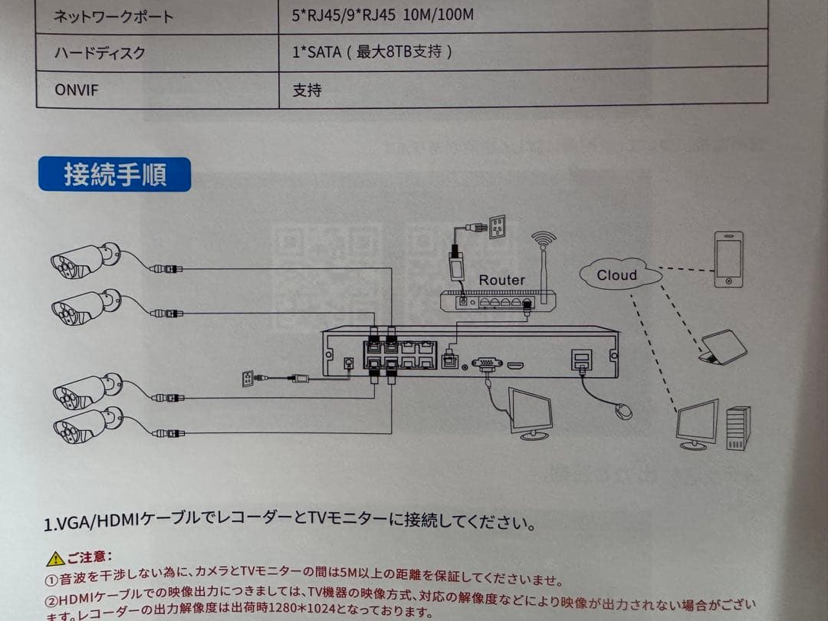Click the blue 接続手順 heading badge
[114, 175]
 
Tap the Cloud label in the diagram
[618, 275]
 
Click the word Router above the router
[501, 280]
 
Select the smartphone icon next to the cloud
[728, 259]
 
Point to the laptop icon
[722, 348]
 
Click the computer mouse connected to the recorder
[624, 412]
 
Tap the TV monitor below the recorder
[531, 413]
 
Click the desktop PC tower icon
[738, 428]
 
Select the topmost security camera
[84, 260]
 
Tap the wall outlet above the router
[498, 227]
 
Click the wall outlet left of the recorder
[248, 378]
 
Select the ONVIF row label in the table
[77, 90]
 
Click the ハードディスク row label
[100, 53]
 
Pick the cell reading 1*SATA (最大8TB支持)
[372, 52]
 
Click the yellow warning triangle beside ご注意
[54, 559]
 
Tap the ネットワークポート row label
[113, 16]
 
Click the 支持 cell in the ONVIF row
[307, 90]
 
